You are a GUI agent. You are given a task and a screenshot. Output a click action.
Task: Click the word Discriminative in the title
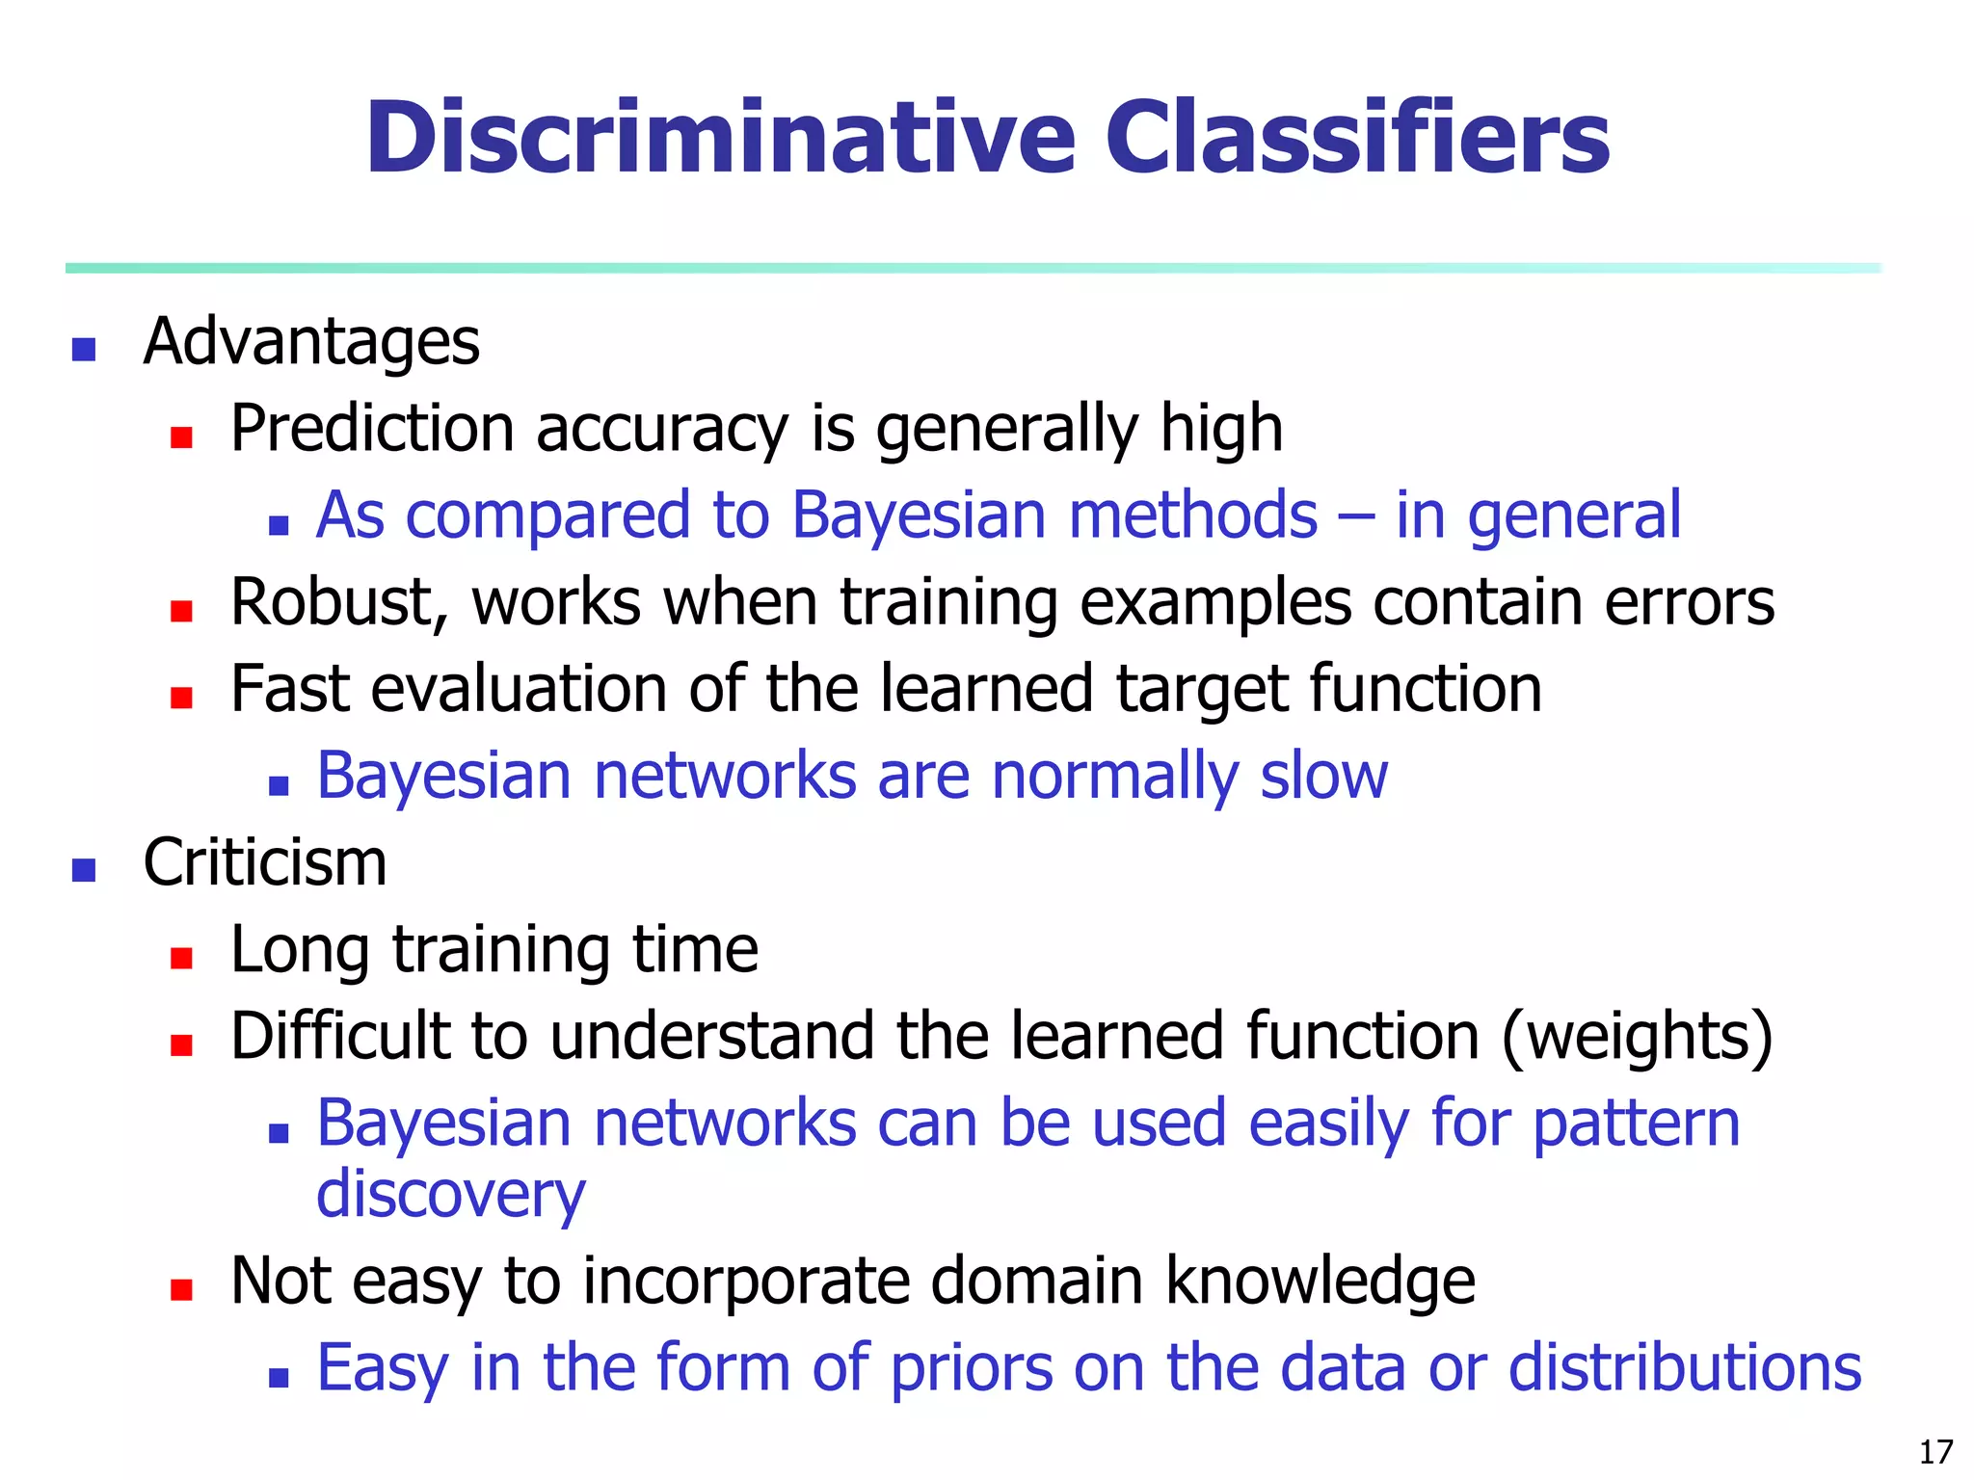(719, 139)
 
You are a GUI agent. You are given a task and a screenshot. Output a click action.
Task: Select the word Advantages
(310, 343)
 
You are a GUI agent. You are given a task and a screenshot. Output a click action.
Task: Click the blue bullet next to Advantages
(84, 349)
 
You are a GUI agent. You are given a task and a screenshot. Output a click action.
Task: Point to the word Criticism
(264, 863)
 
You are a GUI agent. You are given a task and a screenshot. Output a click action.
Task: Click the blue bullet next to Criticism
(84, 870)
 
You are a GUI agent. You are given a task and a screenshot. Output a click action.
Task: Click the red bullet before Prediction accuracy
(181, 438)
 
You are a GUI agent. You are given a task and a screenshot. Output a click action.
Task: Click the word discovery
(450, 1196)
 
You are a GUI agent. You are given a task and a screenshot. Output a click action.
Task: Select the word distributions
(1684, 1369)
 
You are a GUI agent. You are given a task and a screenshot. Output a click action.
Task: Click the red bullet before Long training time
(181, 958)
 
